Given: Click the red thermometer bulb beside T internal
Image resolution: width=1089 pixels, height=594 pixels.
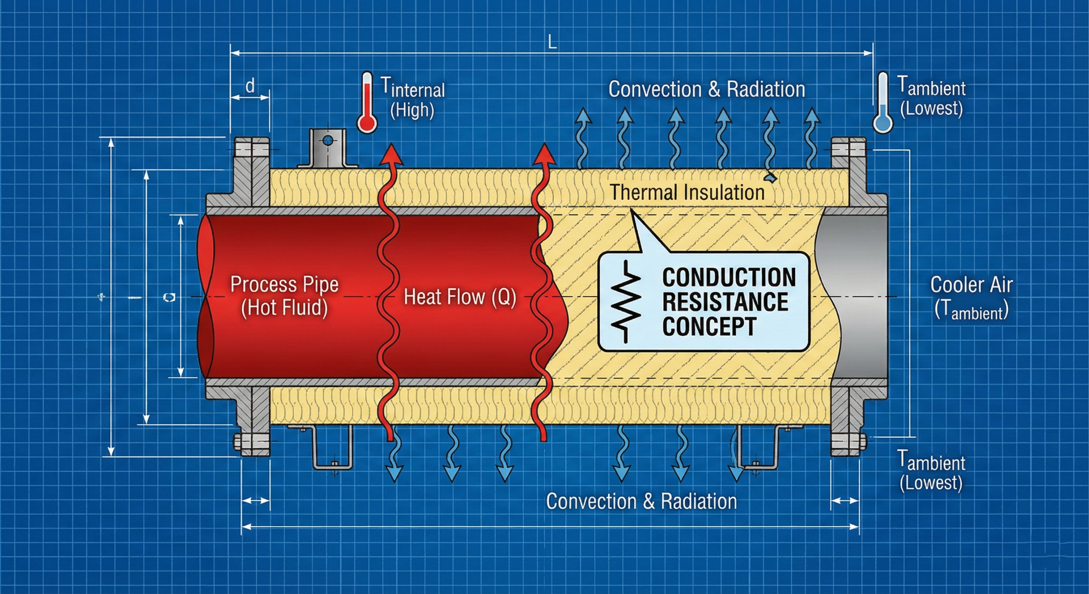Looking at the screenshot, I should coord(366,123).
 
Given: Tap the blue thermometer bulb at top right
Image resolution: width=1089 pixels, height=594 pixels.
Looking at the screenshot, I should coord(883,123).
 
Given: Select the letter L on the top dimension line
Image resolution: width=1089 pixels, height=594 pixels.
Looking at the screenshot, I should coord(552,43).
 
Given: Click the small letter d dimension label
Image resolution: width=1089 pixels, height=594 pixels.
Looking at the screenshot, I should coord(250,86).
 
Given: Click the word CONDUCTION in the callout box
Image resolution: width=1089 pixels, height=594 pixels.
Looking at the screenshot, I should coord(728,277).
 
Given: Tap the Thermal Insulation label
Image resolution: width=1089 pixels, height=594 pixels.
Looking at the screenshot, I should coord(687,192).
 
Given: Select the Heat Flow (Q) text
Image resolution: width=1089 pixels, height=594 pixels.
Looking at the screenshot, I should coord(459,297).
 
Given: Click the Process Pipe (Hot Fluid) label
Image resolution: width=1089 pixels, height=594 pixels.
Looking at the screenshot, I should coord(284,296).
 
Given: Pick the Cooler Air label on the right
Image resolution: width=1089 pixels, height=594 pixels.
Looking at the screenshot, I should coord(971,285).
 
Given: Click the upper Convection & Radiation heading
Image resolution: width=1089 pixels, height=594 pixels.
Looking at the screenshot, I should coord(706,89).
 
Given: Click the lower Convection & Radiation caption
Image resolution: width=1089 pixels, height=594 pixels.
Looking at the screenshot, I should coord(641,501).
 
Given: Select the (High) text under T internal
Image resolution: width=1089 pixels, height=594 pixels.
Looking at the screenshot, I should coord(412,110).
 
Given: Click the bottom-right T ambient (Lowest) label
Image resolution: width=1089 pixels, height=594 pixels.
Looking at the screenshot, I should coord(931,471).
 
